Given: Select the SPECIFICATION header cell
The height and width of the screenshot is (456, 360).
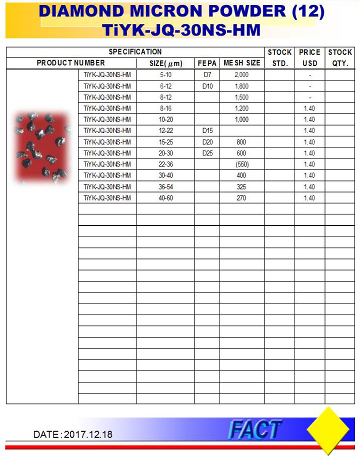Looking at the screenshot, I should tap(135, 52).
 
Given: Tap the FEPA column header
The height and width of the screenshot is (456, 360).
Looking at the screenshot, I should tap(207, 63).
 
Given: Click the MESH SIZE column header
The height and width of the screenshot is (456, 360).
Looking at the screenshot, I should tap(241, 63).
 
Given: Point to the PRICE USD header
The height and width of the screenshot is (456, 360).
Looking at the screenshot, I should tap(309, 57).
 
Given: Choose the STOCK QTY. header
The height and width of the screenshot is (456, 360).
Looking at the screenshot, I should tap(340, 57).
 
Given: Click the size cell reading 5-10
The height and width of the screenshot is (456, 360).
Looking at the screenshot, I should tap(165, 75).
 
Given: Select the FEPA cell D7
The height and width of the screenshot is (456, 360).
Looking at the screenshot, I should tap(207, 75).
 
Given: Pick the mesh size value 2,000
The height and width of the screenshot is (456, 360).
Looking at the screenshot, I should tap(241, 75).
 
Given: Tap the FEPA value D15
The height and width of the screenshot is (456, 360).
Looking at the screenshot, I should tap(207, 131).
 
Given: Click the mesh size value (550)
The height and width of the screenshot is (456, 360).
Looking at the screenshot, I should tap(241, 164).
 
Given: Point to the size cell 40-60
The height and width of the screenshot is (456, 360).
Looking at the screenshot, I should tap(165, 198).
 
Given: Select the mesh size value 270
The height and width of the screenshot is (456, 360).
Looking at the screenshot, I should tap(241, 198).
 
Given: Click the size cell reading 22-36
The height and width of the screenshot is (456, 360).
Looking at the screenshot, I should tap(165, 164).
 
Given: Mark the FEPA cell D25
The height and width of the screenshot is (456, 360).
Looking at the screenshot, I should tap(207, 153).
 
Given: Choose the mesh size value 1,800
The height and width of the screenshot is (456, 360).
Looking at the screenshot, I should tap(241, 86).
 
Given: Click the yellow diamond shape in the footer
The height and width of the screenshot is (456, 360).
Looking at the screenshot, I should tap(327, 430).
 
